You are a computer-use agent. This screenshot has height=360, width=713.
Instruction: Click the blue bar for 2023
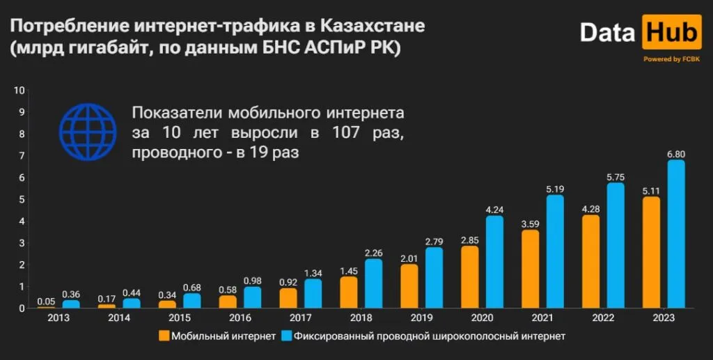(675, 234)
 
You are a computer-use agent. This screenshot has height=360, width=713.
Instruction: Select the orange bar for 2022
(590, 261)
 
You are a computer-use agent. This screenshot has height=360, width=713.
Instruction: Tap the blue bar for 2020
(494, 262)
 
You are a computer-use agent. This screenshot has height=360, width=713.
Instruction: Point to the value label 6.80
(675, 153)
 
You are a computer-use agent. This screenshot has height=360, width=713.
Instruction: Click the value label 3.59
(528, 224)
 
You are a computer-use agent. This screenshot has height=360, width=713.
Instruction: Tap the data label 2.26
(373, 252)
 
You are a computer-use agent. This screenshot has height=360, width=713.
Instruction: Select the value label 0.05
(46, 300)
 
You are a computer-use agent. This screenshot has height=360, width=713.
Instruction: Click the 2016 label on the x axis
(240, 318)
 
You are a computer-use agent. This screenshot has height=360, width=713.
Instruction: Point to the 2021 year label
(541, 318)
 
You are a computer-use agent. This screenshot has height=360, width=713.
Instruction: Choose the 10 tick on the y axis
(20, 91)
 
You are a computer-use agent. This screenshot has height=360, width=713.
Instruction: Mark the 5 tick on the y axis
(22, 200)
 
